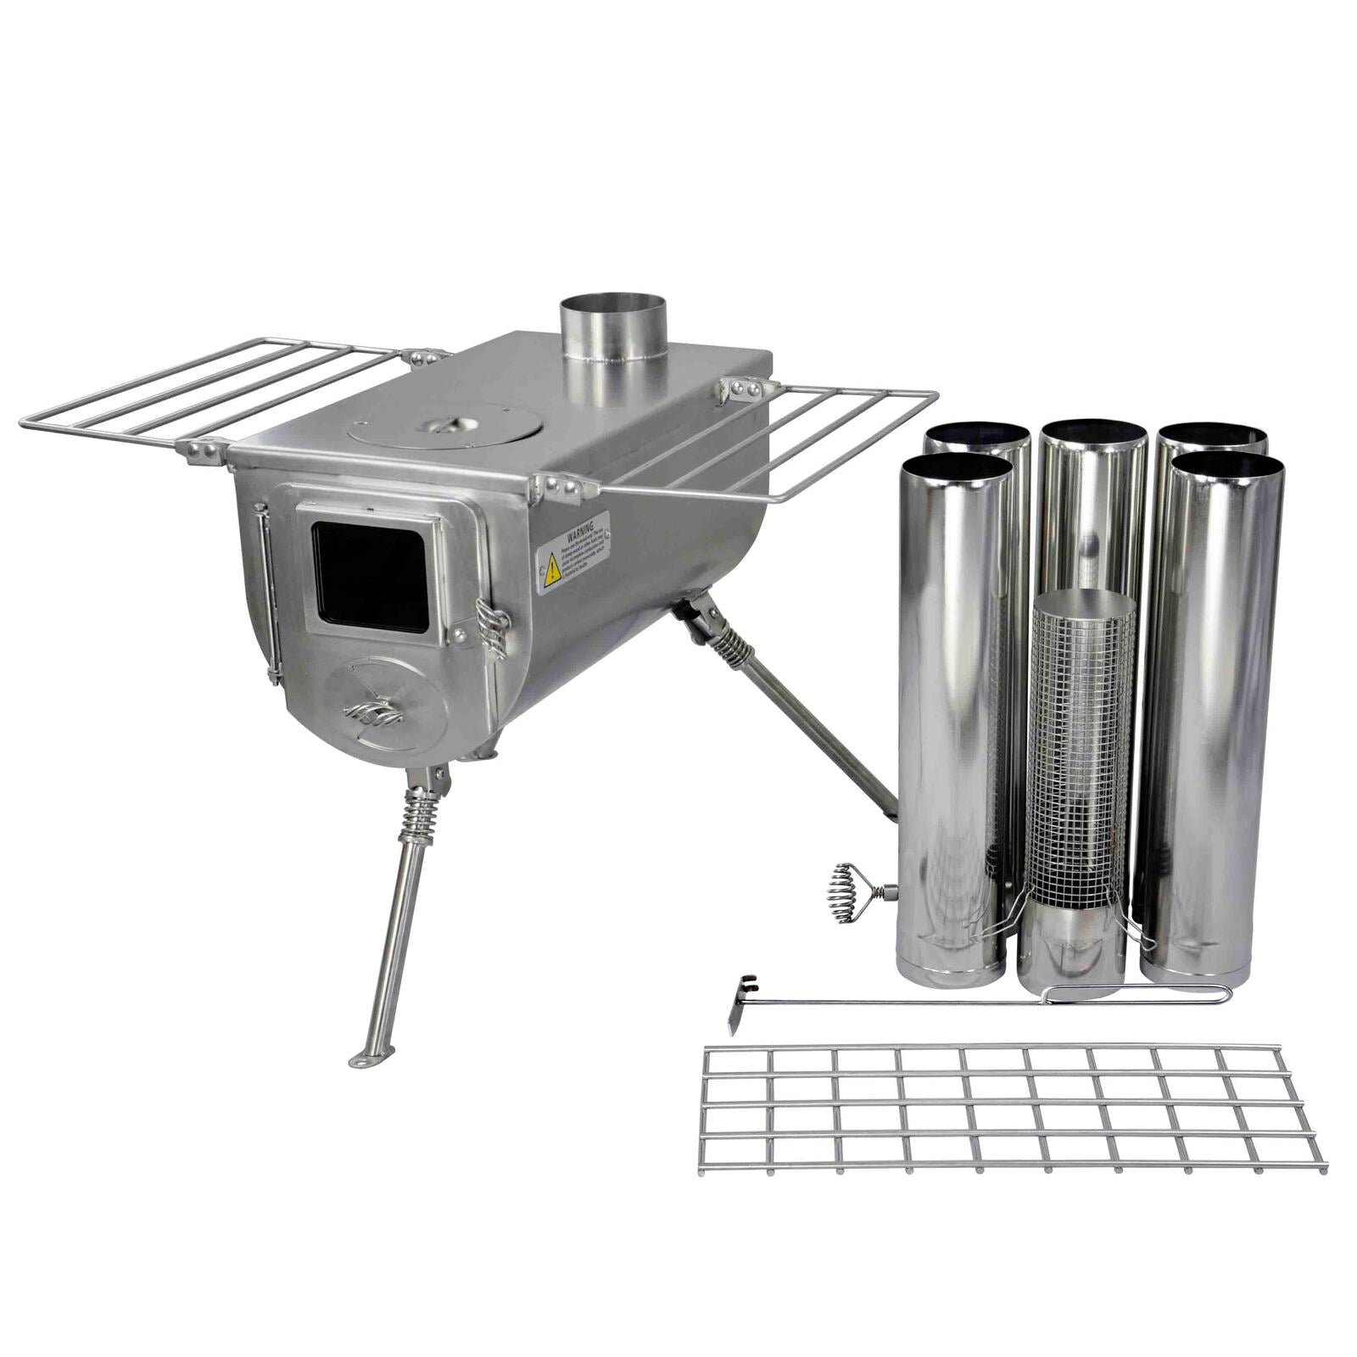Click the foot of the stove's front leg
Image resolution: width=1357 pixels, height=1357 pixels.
coord(371,1058)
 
